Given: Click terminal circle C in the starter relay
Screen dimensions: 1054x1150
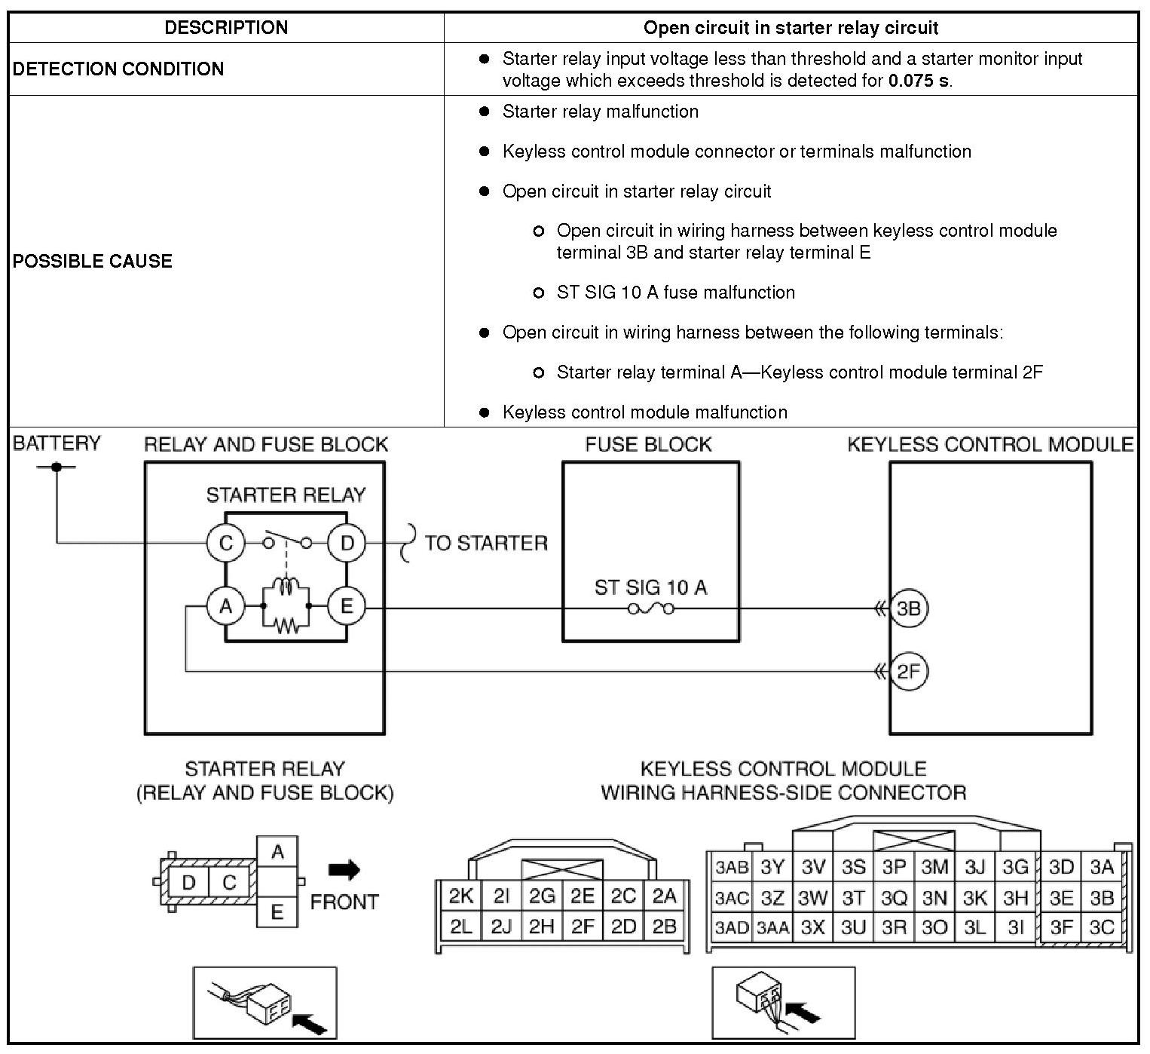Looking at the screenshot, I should (x=225, y=543).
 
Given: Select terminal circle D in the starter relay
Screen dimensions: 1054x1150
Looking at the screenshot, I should (x=347, y=543).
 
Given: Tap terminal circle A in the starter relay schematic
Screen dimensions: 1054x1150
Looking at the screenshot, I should (x=225, y=605).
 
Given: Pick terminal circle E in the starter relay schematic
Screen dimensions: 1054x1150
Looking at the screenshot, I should (x=347, y=605).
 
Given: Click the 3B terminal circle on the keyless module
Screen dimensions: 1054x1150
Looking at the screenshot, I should (x=908, y=608).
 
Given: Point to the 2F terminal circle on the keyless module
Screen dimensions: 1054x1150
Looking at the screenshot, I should (x=908, y=671).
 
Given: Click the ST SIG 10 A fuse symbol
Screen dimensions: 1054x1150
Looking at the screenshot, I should (x=650, y=608).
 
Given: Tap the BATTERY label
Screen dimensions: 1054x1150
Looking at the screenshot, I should (x=57, y=443).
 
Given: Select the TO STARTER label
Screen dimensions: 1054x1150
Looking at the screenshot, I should (x=486, y=544).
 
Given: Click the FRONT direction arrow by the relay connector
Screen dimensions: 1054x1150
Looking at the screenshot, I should (x=344, y=870).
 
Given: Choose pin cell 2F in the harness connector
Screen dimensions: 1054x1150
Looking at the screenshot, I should (x=583, y=926).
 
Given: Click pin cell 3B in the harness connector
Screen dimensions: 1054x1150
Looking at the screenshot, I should (x=1102, y=898).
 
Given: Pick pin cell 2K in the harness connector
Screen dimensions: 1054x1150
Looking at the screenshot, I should (x=460, y=896).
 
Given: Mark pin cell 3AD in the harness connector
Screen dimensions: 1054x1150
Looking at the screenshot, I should (x=731, y=927).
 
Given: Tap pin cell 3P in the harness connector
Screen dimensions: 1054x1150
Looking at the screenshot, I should (x=894, y=867).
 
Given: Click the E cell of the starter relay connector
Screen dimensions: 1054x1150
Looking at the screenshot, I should (x=277, y=912).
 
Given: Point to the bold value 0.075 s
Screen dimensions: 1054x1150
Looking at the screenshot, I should (x=919, y=80).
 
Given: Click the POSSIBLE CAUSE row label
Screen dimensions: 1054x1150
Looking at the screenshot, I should (x=93, y=261).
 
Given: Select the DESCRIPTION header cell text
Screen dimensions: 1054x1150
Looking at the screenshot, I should (x=226, y=28).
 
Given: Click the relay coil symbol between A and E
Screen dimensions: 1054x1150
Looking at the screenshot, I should (x=286, y=587).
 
